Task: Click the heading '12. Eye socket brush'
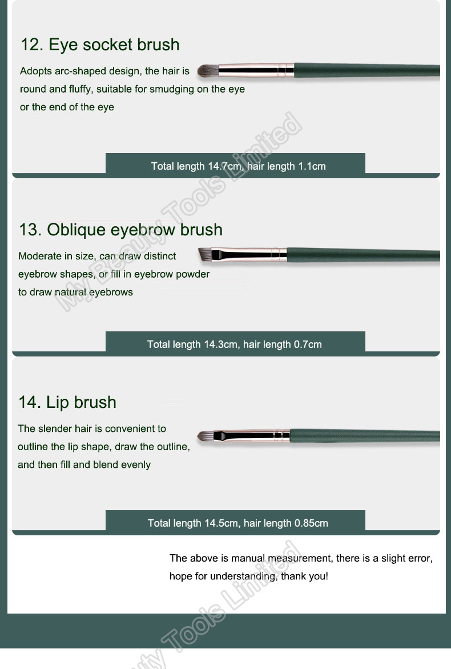click(x=100, y=45)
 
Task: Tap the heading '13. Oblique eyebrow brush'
click(x=120, y=230)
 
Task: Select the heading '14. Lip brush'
click(x=67, y=402)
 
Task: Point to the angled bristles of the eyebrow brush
click(x=205, y=254)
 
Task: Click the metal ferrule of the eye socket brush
click(x=256, y=70)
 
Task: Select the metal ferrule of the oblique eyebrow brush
click(x=249, y=254)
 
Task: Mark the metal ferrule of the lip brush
click(x=251, y=435)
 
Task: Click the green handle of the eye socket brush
click(x=367, y=70)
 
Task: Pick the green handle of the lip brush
click(x=365, y=436)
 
